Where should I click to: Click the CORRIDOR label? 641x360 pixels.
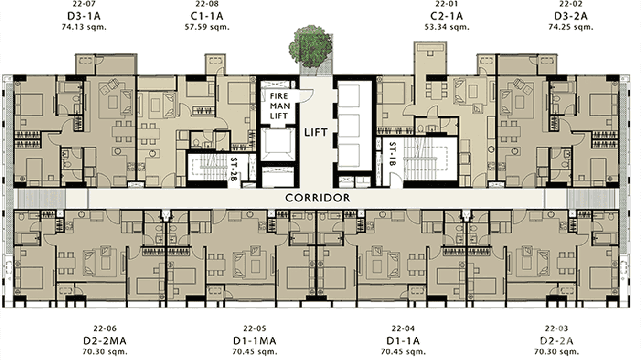pyautogui.click(x=317, y=198)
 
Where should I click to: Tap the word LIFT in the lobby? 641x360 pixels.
pyautogui.click(x=316, y=132)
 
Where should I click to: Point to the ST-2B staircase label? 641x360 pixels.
pyautogui.click(x=234, y=166)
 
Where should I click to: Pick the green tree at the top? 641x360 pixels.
pyautogui.click(x=310, y=47)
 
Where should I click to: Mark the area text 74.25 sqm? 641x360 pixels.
pyautogui.click(x=570, y=27)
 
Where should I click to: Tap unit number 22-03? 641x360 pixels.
pyautogui.click(x=556, y=329)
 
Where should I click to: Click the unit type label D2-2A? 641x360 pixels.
pyautogui.click(x=556, y=340)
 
